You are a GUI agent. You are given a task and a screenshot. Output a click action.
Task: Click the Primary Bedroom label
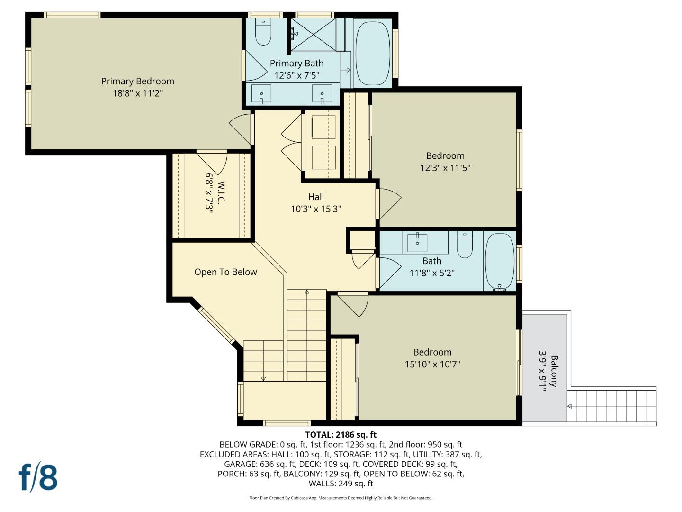tap(137, 81)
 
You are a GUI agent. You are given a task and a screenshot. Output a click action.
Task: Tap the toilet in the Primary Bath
tap(262, 32)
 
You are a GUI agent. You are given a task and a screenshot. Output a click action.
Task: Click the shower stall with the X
tap(313, 34)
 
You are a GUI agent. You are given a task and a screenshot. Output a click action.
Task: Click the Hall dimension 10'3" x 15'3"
tap(316, 209)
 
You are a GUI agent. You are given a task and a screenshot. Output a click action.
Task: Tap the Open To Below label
tap(225, 272)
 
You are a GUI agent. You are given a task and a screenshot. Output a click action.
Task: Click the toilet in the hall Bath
tap(464, 245)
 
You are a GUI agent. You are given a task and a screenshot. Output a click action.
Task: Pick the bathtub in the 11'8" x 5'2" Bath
tap(499, 261)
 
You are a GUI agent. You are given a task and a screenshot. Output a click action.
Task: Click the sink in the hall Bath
tap(417, 242)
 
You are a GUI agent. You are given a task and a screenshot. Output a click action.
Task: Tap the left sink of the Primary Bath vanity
tap(261, 93)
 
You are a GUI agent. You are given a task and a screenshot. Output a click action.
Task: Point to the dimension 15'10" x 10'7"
tap(432, 364)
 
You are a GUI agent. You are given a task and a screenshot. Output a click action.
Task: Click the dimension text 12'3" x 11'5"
tap(445, 168)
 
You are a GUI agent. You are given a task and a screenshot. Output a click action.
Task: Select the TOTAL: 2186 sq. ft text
tap(341, 435)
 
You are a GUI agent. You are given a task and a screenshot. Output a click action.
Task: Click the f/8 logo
tap(38, 477)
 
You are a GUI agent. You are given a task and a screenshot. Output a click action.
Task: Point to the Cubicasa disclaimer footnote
tap(341, 498)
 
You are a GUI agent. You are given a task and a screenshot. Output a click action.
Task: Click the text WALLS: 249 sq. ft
tap(341, 484)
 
